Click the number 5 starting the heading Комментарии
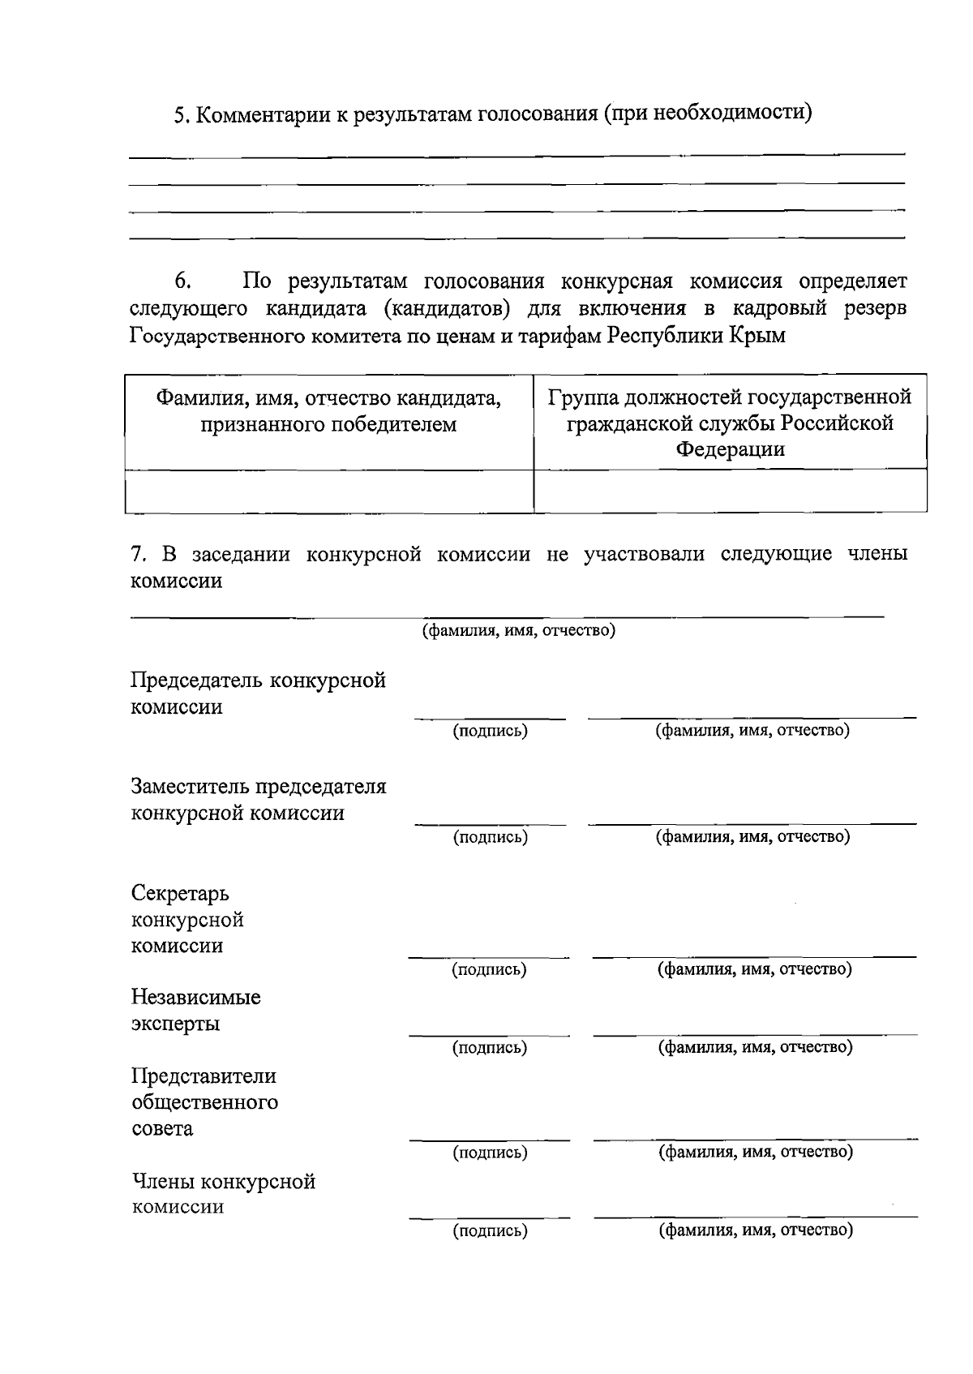click(182, 115)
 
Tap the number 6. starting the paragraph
click(182, 281)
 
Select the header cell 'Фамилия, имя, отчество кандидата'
click(328, 410)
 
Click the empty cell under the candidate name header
click(328, 491)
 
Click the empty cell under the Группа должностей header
click(730, 491)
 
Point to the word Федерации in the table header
click(730, 449)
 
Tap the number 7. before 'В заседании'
click(139, 554)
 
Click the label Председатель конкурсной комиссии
click(258, 693)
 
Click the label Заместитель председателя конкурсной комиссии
click(258, 799)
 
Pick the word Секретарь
click(180, 893)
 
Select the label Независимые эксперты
click(195, 1009)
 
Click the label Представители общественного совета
click(204, 1101)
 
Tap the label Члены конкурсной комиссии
click(223, 1193)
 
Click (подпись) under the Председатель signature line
click(490, 731)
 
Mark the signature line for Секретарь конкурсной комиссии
click(489, 956)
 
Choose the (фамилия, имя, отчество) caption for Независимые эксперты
click(755, 1047)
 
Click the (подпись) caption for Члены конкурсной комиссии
click(490, 1231)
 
